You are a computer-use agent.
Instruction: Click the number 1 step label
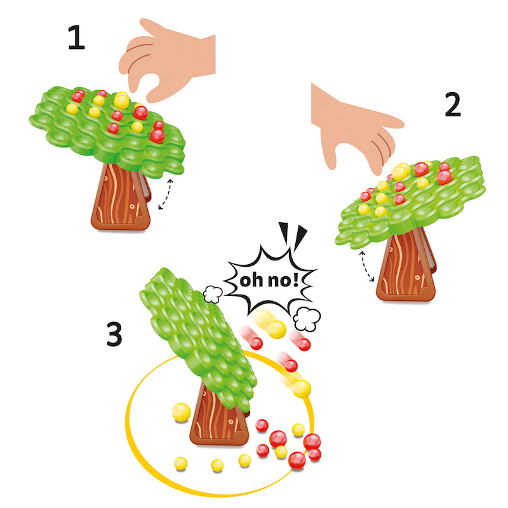pos(76,39)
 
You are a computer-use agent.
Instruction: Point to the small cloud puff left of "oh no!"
pos(211,293)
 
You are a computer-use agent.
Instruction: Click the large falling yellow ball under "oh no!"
pos(276,329)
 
